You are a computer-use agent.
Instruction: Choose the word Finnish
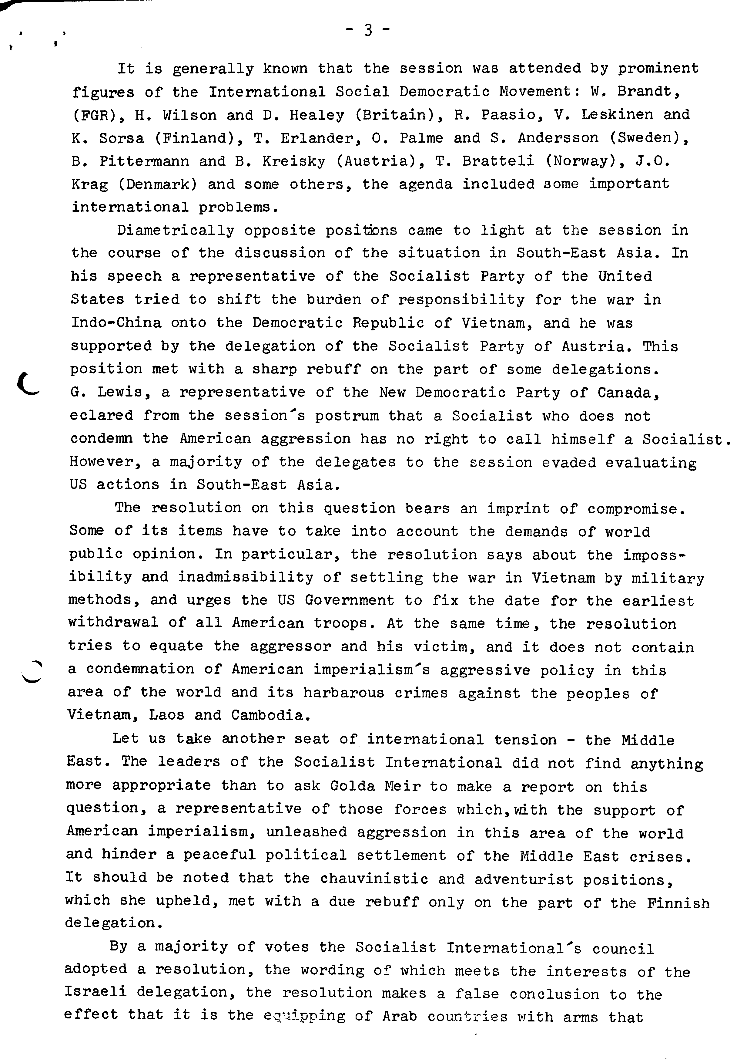tap(678, 902)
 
